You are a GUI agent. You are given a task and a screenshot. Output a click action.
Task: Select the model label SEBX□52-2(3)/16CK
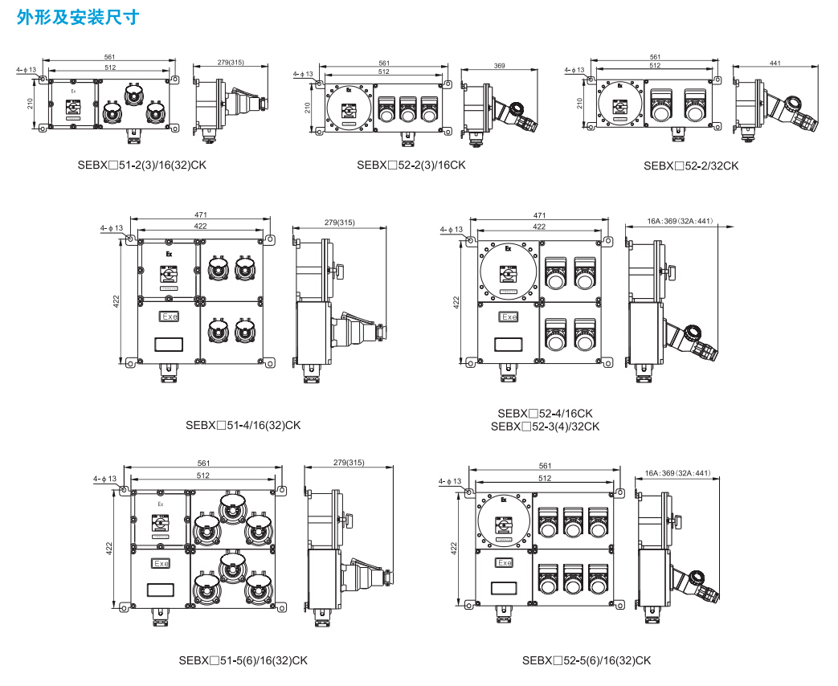click(411, 165)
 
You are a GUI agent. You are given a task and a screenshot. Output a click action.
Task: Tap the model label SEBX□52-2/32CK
click(691, 165)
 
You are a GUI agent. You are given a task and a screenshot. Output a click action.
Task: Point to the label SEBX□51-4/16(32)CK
click(243, 425)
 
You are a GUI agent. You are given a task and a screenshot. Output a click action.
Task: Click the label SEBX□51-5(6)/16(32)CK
click(243, 660)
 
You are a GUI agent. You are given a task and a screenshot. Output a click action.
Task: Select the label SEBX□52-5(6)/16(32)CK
click(587, 660)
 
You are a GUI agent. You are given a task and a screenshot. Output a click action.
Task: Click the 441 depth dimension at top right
click(775, 63)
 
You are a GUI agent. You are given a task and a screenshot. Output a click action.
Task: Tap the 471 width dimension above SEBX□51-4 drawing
click(200, 215)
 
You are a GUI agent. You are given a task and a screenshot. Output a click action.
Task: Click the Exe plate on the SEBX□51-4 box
click(170, 317)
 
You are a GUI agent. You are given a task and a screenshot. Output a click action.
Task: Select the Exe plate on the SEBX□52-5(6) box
click(504, 563)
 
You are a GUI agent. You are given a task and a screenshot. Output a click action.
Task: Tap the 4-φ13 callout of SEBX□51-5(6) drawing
click(104, 479)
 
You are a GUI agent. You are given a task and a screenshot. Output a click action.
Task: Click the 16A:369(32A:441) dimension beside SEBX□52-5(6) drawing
click(678, 473)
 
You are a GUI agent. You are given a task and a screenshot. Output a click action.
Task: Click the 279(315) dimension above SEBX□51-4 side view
click(339, 223)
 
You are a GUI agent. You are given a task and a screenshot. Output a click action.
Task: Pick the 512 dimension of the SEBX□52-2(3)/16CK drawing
click(384, 71)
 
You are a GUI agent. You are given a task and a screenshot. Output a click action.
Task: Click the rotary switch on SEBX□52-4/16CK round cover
click(508, 274)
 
